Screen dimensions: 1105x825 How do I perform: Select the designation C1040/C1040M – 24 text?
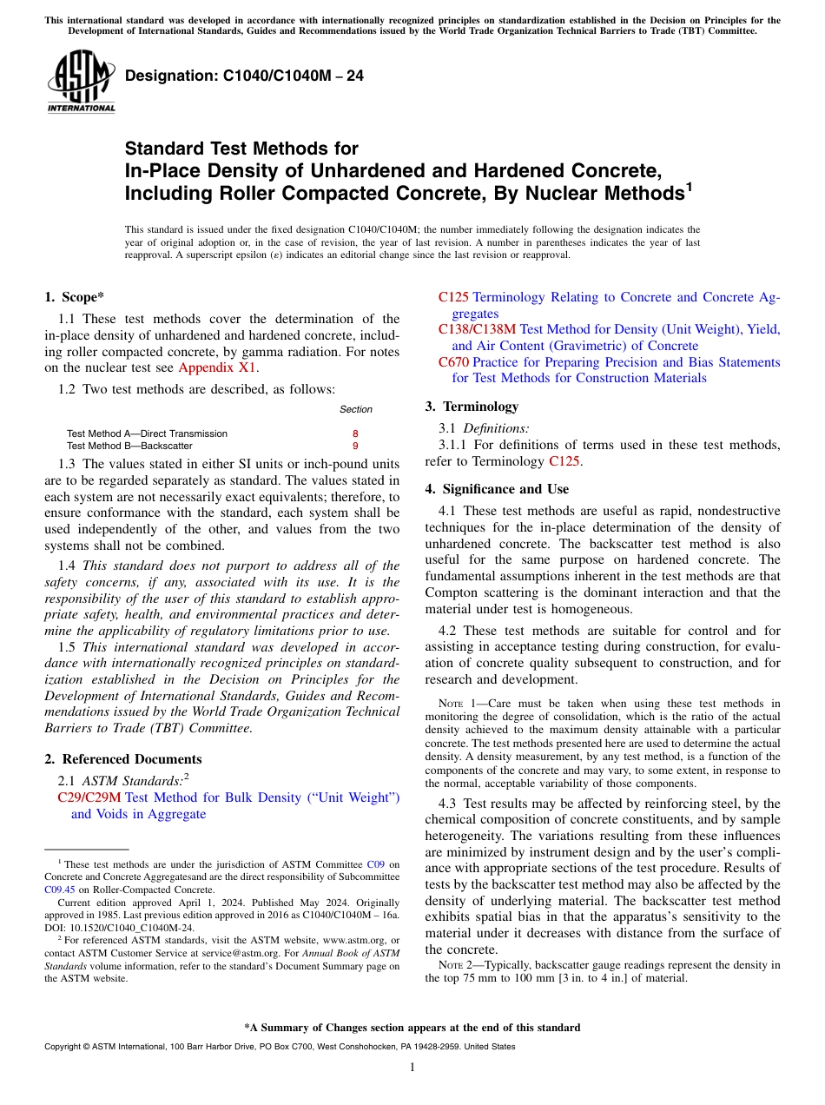pyautogui.click(x=244, y=76)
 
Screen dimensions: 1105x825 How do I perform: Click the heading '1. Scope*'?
pyautogui.click(x=74, y=297)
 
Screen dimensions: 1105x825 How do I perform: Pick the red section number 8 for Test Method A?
pyautogui.click(x=354, y=433)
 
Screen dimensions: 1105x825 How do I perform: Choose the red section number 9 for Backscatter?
pyautogui.click(x=354, y=446)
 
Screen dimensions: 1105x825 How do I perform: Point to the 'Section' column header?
pyautogui.click(x=355, y=409)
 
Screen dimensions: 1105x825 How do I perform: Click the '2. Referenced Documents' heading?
pyautogui.click(x=122, y=759)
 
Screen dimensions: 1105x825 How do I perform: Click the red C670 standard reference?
pyautogui.click(x=453, y=362)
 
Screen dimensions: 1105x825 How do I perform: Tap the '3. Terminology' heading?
pyautogui.click(x=472, y=407)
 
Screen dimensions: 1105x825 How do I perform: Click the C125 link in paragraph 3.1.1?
pyautogui.click(x=564, y=461)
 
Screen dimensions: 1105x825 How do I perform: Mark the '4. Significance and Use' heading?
pyautogui.click(x=497, y=489)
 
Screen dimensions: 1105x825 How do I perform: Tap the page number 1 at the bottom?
pyautogui.click(x=412, y=1068)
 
